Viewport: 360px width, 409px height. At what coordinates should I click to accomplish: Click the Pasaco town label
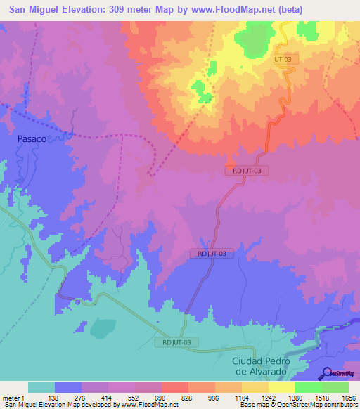pos(32,139)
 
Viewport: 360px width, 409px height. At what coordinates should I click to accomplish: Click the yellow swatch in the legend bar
pos(282,387)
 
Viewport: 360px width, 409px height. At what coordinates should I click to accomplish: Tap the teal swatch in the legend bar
pos(41,387)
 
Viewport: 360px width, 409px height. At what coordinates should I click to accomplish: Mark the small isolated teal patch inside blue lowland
pos(103,327)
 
